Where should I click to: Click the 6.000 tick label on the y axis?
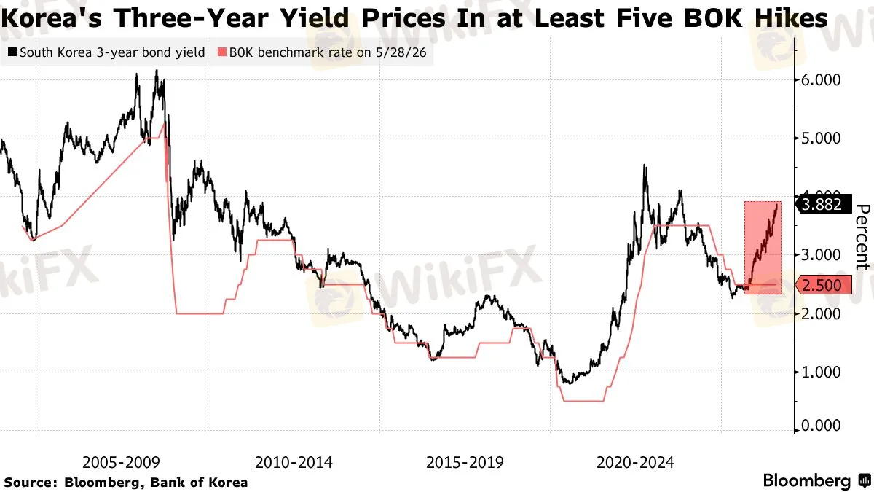tap(821, 80)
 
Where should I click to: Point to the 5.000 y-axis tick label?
tap(821, 138)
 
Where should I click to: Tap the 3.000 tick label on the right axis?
tap(821, 255)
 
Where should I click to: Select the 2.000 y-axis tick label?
tap(821, 313)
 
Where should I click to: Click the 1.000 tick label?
tap(821, 372)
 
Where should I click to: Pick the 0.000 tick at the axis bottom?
tap(821, 426)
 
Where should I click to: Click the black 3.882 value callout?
tap(823, 204)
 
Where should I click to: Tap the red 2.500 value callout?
tap(823, 285)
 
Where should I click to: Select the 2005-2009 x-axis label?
tap(121, 463)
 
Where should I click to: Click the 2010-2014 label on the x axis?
tap(294, 463)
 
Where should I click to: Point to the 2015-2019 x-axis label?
tap(465, 463)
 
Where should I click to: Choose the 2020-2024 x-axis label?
tap(635, 463)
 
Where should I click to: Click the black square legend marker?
tap(12, 52)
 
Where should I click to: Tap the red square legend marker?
tap(221, 52)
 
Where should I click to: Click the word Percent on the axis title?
tap(862, 237)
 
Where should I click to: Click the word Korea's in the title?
tap(51, 18)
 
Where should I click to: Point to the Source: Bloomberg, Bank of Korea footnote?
tap(125, 483)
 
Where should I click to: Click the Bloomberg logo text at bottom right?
tap(807, 480)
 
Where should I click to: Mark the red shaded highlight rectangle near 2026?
tap(763, 248)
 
